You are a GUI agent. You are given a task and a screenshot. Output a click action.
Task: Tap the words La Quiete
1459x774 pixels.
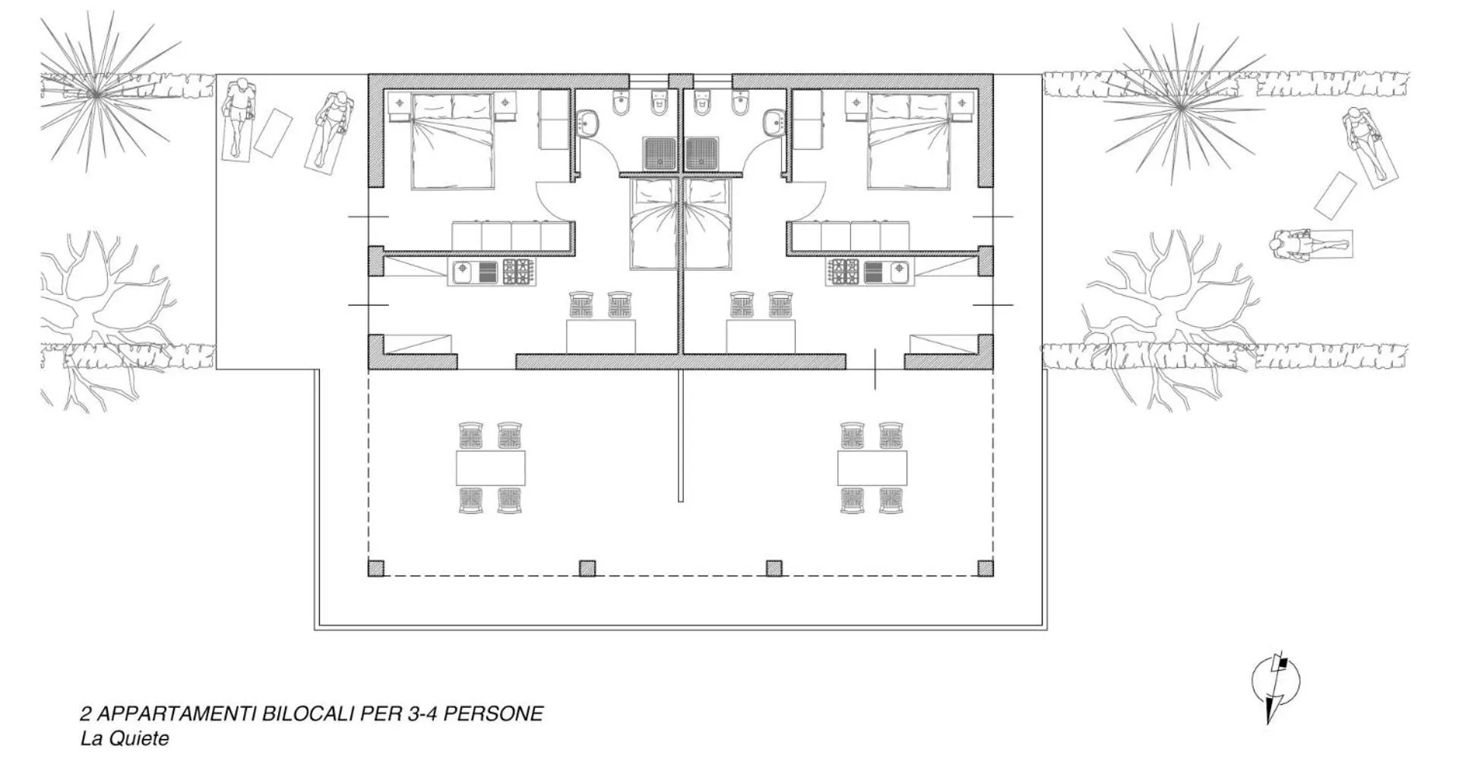click(x=125, y=738)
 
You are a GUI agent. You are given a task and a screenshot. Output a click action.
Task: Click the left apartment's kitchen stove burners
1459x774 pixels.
click(x=518, y=272)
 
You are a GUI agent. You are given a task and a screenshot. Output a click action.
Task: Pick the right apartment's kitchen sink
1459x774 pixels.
click(x=885, y=272)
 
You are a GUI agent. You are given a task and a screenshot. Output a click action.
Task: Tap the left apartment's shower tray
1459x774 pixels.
click(x=658, y=153)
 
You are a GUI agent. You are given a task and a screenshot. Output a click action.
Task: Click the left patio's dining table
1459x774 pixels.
click(x=491, y=468)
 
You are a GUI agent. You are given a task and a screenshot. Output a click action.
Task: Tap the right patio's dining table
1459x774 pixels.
click(x=872, y=468)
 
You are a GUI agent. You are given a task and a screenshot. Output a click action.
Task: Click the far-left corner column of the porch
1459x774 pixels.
click(x=376, y=568)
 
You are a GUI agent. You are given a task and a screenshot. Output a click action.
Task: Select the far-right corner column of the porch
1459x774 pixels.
click(x=985, y=568)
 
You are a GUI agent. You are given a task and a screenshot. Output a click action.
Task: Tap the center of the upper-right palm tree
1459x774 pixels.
click(x=1180, y=107)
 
